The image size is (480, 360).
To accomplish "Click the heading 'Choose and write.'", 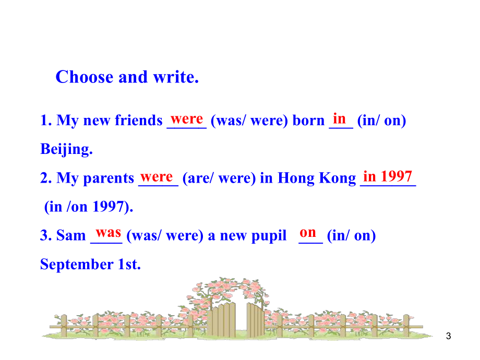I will point(127,77).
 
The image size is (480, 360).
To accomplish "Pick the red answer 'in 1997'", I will point(388,176).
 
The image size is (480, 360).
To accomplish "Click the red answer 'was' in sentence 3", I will point(109,232).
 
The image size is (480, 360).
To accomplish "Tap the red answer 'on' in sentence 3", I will point(308,232).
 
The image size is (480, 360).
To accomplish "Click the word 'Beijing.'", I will point(66,150).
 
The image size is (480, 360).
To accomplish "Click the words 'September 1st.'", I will point(90,265).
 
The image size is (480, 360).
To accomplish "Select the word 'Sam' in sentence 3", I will point(71,236).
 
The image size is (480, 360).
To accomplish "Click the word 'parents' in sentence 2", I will point(110,178).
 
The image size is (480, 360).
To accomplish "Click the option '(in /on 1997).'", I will point(89,207).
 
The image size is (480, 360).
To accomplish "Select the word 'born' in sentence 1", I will point(309,121).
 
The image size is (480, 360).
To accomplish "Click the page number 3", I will point(449,337).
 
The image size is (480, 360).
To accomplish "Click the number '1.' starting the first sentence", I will point(46,121).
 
